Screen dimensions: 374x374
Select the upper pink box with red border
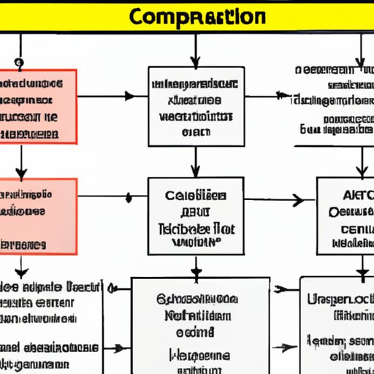click(x=38, y=106)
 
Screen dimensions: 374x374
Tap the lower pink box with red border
click(x=38, y=217)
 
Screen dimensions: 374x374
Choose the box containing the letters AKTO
click(x=345, y=215)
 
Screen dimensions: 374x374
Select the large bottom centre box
click(x=200, y=325)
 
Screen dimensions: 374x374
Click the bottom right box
click(x=337, y=325)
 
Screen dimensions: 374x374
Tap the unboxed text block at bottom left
click(x=47, y=325)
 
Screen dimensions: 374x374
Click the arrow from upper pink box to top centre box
click(x=110, y=96)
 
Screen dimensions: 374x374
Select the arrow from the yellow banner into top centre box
click(x=195, y=51)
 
